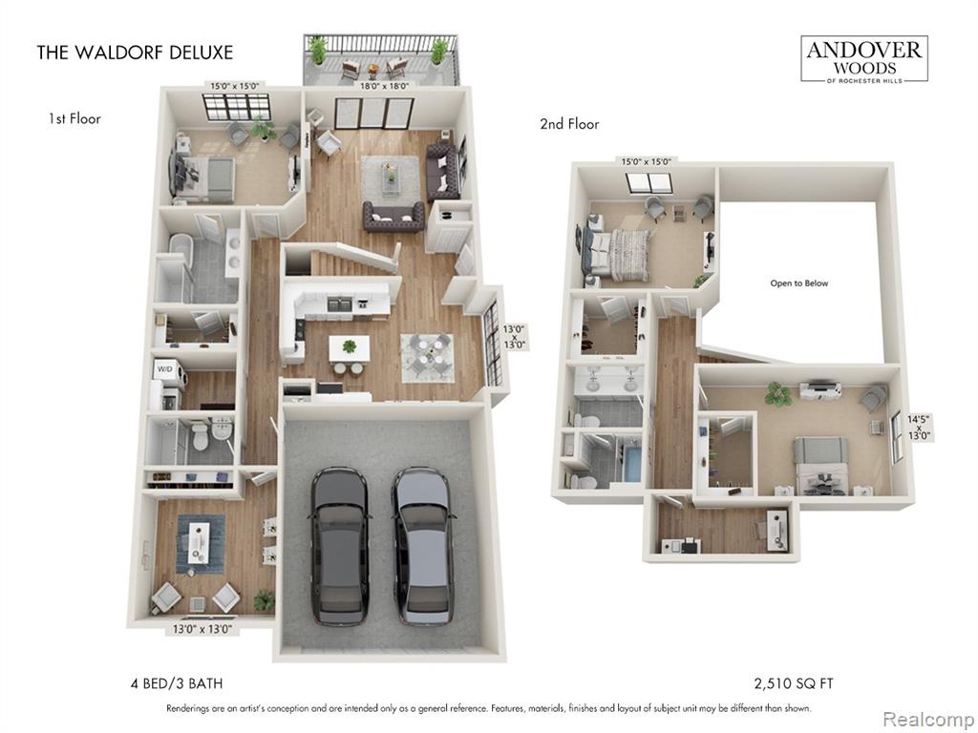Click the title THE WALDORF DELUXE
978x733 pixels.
tap(135, 52)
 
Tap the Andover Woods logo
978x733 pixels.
tap(863, 58)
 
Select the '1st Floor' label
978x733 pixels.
tap(74, 118)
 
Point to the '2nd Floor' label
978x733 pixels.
tap(569, 124)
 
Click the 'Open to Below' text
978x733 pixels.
tap(799, 283)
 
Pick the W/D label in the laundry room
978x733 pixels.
tap(164, 369)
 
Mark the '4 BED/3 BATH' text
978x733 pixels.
tap(177, 683)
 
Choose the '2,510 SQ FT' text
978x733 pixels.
tap(794, 683)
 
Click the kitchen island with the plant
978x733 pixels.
tap(349, 347)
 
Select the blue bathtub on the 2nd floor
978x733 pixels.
tap(631, 459)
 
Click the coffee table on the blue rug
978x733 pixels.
tap(200, 543)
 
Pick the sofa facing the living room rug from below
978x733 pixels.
tap(393, 217)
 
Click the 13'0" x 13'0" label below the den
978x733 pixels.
tap(202, 630)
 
